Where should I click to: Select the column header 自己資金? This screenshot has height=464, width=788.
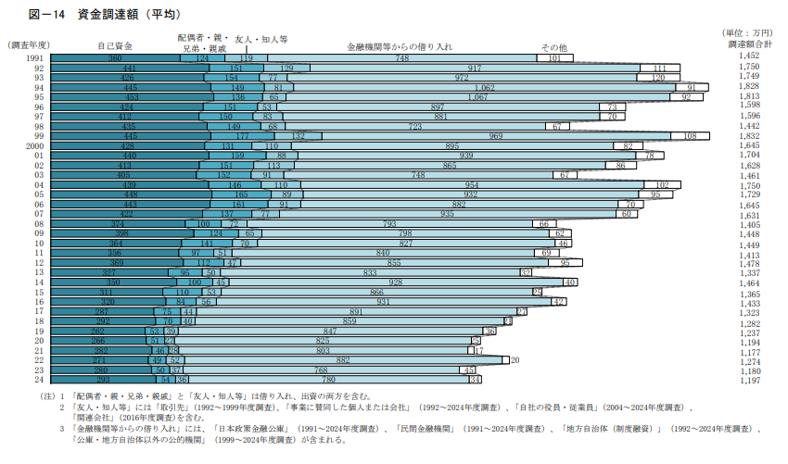(x=114, y=45)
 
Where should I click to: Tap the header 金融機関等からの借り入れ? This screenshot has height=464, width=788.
(x=400, y=45)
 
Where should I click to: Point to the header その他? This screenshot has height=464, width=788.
(x=553, y=45)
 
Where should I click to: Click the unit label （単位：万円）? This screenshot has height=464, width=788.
(x=748, y=33)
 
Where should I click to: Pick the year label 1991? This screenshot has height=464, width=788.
(x=35, y=58)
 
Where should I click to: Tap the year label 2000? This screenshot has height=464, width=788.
(x=35, y=145)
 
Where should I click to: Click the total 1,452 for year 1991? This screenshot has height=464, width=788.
(x=749, y=57)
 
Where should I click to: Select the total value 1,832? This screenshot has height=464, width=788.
(x=749, y=135)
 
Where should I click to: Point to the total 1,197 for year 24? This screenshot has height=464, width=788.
(x=749, y=381)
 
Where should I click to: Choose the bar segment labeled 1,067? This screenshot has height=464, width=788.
(x=477, y=97)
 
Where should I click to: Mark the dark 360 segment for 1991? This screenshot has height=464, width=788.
(x=115, y=58)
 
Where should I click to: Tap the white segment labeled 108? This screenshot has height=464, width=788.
(x=690, y=136)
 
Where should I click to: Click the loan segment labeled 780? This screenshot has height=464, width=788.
(x=327, y=380)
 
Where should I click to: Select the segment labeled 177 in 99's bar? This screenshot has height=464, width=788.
(x=243, y=136)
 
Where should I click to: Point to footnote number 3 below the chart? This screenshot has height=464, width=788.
(x=62, y=428)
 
